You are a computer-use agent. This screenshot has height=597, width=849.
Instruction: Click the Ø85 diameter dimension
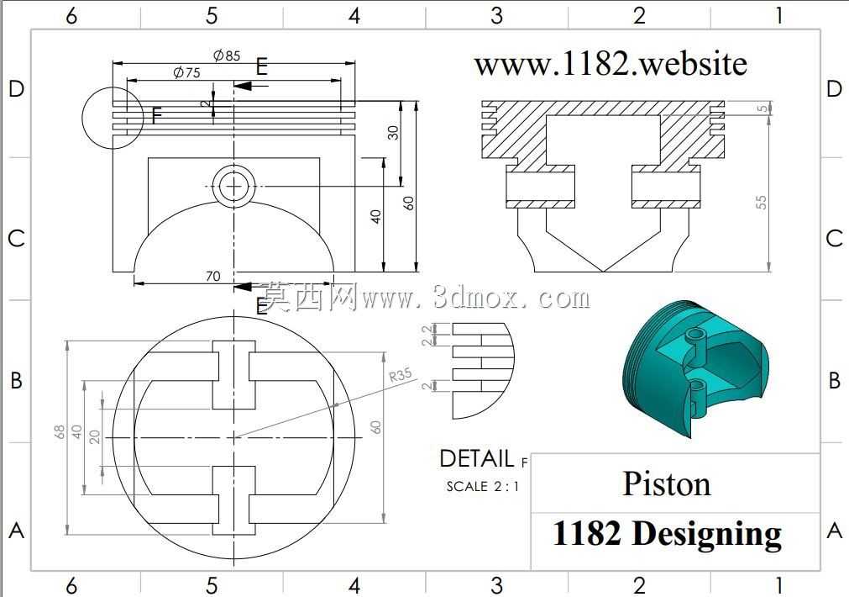[227, 55]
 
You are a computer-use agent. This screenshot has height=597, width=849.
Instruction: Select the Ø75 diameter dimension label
[186, 72]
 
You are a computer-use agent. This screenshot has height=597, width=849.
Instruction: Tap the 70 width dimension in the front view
[212, 276]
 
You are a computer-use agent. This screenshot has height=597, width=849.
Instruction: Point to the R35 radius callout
[401, 374]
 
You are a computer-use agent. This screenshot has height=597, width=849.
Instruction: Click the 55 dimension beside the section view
[762, 203]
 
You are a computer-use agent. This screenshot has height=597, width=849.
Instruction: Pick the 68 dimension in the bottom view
[60, 431]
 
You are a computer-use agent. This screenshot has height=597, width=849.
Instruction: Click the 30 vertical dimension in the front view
[393, 132]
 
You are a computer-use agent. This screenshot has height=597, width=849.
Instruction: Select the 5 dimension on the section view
[763, 108]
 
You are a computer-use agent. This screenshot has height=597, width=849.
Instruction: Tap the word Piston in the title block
[667, 483]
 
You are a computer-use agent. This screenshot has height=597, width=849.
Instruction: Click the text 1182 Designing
[667, 534]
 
